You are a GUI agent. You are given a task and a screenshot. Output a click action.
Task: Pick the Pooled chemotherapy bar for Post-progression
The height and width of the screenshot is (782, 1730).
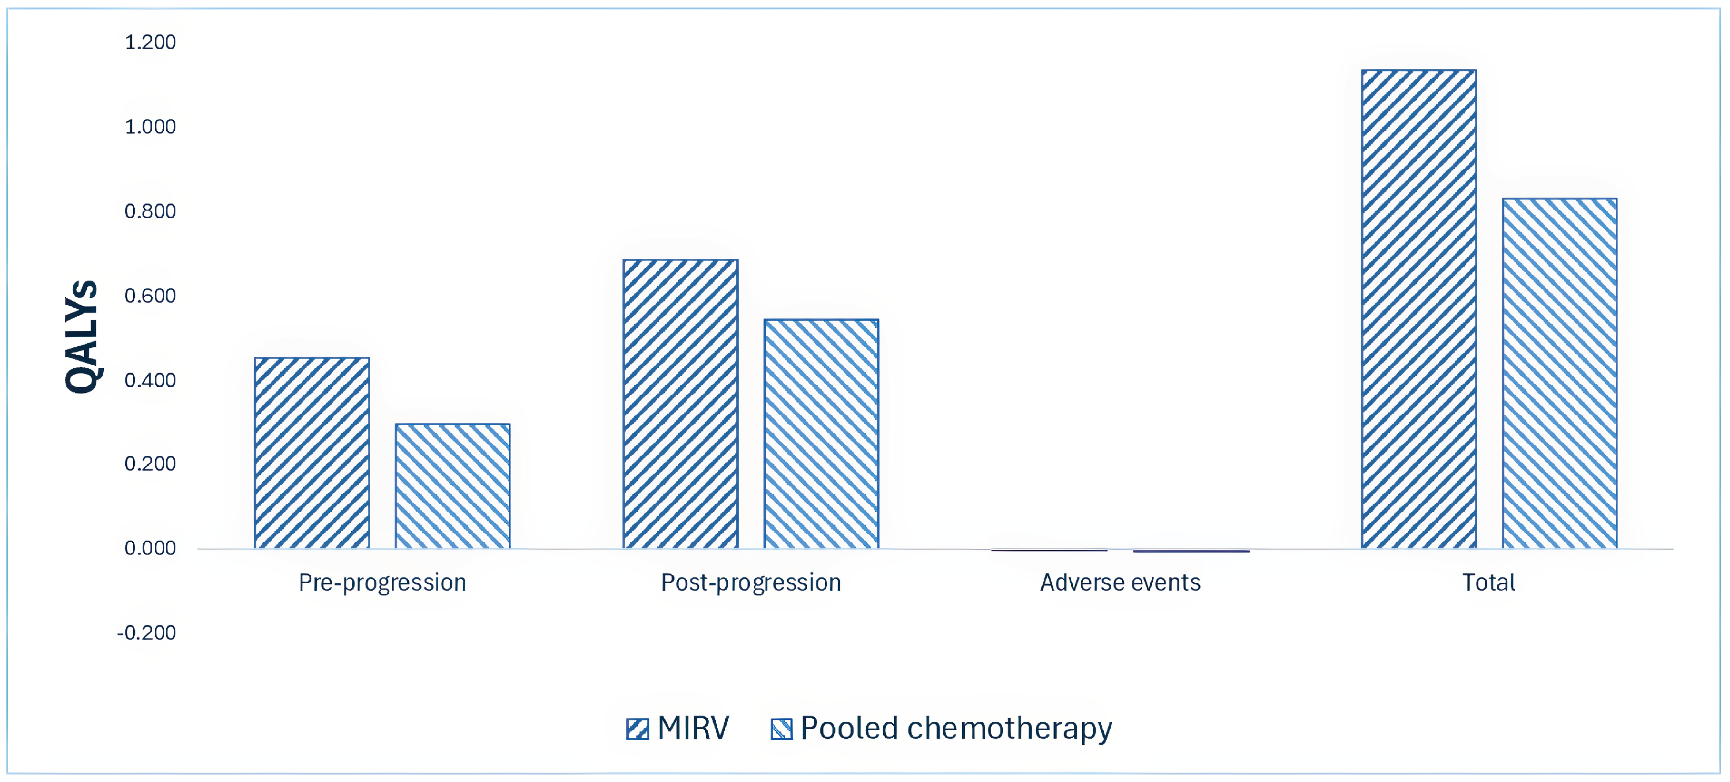point(821,434)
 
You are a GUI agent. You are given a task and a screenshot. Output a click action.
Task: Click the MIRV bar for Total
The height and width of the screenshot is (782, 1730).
point(1418,309)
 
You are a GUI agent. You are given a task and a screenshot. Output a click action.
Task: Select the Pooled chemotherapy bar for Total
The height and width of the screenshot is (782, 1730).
point(1559,373)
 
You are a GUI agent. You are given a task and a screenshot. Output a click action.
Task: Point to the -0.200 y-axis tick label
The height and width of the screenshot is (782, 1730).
point(147,633)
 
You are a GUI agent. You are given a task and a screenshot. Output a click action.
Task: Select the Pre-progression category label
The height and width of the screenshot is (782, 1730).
point(382,582)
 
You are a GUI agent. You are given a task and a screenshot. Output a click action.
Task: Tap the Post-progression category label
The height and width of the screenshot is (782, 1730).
point(751,582)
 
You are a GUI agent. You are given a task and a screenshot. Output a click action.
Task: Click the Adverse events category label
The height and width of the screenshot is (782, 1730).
point(1120,582)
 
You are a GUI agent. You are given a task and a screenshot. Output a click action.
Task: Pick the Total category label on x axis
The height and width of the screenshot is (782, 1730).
point(1489,582)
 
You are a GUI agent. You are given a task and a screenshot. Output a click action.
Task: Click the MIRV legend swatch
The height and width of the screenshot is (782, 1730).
point(637,729)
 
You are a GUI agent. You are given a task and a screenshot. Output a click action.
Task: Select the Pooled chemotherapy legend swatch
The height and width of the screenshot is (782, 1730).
point(781,729)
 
